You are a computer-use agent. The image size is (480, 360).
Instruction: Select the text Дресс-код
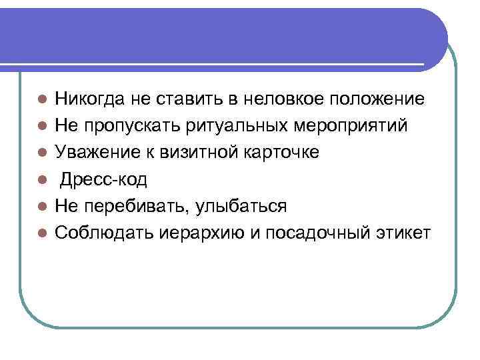pyautogui.click(x=103, y=179)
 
